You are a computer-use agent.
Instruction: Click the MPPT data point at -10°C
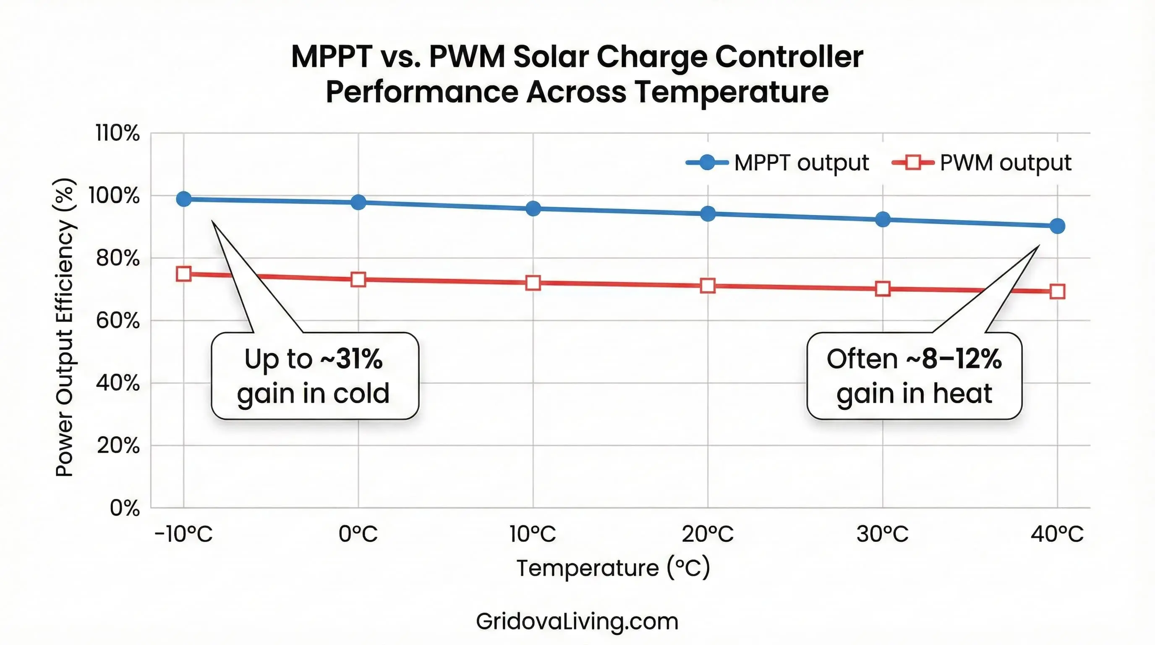click(184, 199)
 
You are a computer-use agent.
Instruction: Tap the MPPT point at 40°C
click(1057, 226)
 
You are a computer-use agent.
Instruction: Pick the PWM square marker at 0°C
click(358, 279)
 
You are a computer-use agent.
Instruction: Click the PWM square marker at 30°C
click(882, 288)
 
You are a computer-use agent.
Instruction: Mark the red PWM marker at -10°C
click(184, 274)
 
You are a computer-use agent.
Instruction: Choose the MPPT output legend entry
click(778, 163)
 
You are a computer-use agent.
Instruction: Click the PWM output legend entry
click(982, 163)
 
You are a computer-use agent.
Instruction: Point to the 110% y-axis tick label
click(118, 133)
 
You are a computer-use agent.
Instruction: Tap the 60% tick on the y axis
click(118, 321)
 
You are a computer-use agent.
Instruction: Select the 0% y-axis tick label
click(125, 508)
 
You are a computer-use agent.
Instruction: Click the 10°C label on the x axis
click(533, 534)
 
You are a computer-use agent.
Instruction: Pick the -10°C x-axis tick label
click(183, 534)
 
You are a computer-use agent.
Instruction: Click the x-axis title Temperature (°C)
click(613, 568)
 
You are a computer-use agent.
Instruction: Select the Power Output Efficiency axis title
click(65, 328)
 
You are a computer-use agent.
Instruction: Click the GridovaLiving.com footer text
click(577, 621)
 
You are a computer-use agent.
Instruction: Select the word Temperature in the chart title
click(732, 92)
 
